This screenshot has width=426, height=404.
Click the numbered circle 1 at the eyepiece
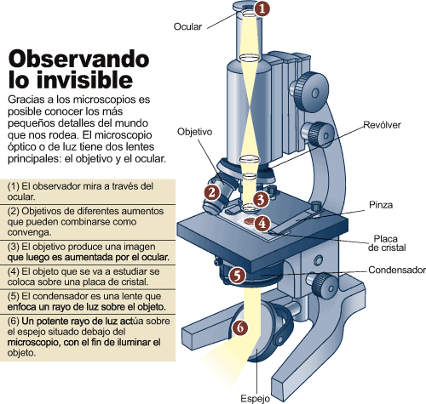pyautogui.click(x=262, y=9)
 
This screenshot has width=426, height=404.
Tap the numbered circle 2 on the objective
pyautogui.click(x=212, y=192)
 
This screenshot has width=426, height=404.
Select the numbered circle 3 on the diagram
pyautogui.click(x=261, y=199)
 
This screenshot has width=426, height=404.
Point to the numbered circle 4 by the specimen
pyautogui.click(x=262, y=224)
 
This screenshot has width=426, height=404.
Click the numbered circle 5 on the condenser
pyautogui.click(x=238, y=275)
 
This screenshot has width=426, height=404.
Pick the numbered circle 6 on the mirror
pyautogui.click(x=240, y=327)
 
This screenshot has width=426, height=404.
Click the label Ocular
pyautogui.click(x=187, y=26)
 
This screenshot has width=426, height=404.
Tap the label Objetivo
pyautogui.click(x=195, y=132)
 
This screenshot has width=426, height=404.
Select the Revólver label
pyautogui.click(x=382, y=125)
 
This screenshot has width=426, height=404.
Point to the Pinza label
pyautogui.click(x=381, y=205)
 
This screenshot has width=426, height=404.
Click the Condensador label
pyautogui.click(x=397, y=270)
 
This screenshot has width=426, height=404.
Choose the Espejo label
pyautogui.click(x=256, y=398)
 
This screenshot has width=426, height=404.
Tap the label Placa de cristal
pyautogui.click(x=387, y=243)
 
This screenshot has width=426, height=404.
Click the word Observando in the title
pyautogui.click(x=78, y=59)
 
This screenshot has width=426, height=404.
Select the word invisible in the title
pyautogui.click(x=84, y=80)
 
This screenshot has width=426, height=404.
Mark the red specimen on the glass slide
pyautogui.click(x=250, y=220)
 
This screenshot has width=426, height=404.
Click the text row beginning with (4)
pyautogui.click(x=83, y=276)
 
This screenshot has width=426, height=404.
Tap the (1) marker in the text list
pyautogui.click(x=14, y=186)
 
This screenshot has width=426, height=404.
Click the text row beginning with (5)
pyautogui.click(x=86, y=302)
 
